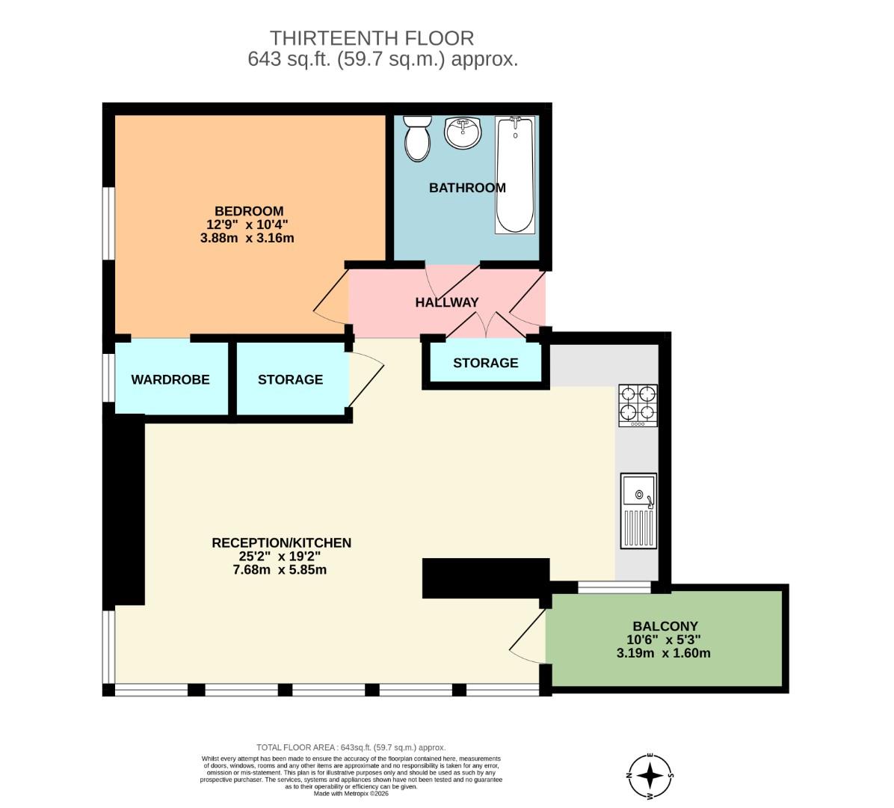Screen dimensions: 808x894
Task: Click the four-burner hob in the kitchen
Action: tap(638, 405)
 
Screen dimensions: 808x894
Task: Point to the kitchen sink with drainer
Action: tap(638, 511)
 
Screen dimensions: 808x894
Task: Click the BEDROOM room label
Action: tap(249, 211)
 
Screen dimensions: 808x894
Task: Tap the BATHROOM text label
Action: tap(467, 188)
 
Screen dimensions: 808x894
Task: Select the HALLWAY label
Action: tap(447, 302)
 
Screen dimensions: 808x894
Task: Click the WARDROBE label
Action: tap(170, 379)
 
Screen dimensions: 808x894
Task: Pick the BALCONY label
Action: tap(665, 626)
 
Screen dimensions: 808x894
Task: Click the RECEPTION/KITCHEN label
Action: tap(281, 543)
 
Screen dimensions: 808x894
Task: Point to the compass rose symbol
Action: tap(650, 775)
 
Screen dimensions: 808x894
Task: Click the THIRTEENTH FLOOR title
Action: tap(372, 38)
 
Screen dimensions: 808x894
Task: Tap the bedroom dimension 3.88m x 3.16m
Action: tap(247, 239)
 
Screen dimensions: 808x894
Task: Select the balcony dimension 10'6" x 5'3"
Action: tap(664, 640)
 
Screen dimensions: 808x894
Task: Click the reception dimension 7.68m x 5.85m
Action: tap(280, 569)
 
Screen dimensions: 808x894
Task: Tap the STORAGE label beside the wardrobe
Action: tap(290, 379)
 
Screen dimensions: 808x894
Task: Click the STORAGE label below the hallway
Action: tap(485, 363)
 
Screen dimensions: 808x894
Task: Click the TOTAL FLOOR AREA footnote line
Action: tap(351, 747)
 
